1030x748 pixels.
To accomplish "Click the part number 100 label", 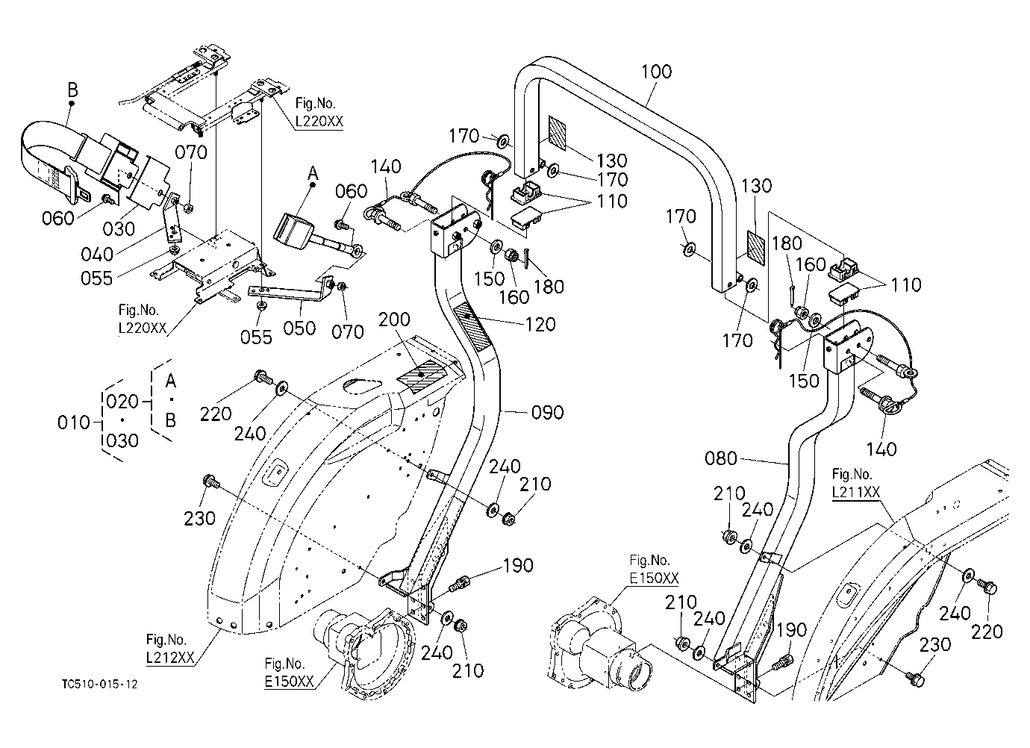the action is click(x=656, y=72).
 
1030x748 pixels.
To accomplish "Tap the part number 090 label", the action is click(x=547, y=412).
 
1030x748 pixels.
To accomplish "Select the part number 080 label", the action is click(x=721, y=458).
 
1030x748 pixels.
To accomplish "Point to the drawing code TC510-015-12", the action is click(x=100, y=685).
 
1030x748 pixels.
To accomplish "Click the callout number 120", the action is click(x=540, y=325).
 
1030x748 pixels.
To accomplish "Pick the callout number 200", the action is click(x=394, y=320).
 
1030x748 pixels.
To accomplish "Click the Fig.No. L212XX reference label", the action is click(x=170, y=649).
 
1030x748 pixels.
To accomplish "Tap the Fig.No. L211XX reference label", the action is click(x=855, y=483).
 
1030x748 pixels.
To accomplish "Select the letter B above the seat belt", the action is click(x=72, y=90).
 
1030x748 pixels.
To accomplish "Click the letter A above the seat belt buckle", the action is click(x=313, y=173).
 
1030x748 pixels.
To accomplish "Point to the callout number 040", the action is click(x=97, y=254).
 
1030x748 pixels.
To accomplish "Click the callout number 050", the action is click(x=299, y=328).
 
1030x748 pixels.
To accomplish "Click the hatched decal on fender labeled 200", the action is click(x=422, y=375).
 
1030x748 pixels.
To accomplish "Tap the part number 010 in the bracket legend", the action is click(x=74, y=423).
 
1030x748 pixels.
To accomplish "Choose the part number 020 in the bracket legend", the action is click(x=122, y=402).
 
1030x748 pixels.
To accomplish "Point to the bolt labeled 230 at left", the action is click(x=210, y=482).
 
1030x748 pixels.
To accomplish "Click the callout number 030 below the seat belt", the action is click(x=119, y=228).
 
